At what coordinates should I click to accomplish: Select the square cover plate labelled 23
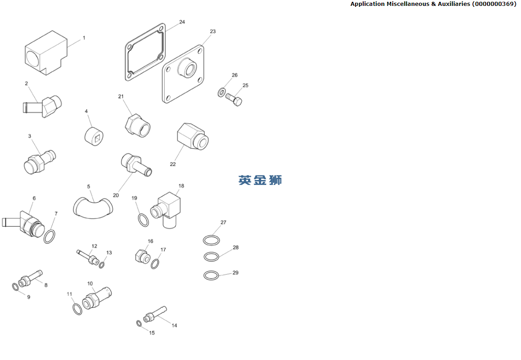pyautogui.click(x=183, y=74)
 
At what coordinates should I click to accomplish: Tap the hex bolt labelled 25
pyautogui.click(x=234, y=99)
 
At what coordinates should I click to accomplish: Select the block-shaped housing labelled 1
pyautogui.click(x=46, y=53)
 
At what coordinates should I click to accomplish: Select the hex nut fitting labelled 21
pyautogui.click(x=137, y=126)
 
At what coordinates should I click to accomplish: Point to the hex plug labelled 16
pyautogui.click(x=143, y=256)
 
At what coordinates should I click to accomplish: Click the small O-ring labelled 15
pyautogui.click(x=139, y=323)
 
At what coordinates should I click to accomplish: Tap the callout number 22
pyautogui.click(x=173, y=164)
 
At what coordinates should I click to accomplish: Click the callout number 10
pyautogui.click(x=90, y=284)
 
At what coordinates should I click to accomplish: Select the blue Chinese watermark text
pyautogui.click(x=260, y=180)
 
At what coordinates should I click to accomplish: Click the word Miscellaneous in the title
pyautogui.click(x=408, y=4)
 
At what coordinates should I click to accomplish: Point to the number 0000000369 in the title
pyautogui.click(x=494, y=4)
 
